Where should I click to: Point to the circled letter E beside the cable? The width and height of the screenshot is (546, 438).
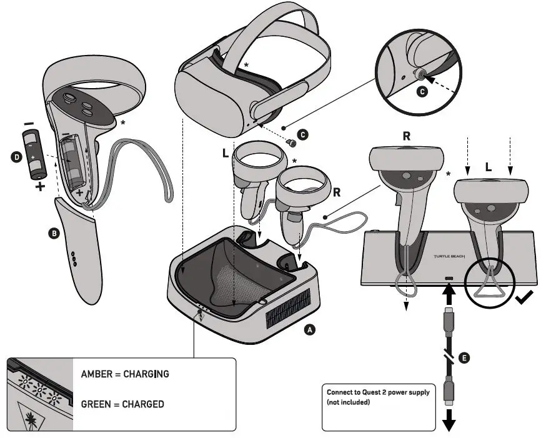[463, 357]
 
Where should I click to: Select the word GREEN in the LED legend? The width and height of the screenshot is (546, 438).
[97, 404]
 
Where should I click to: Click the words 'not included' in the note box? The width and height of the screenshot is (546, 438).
[350, 402]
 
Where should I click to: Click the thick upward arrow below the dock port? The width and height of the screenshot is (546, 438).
[448, 292]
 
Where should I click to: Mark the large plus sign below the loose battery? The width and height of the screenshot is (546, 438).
[39, 186]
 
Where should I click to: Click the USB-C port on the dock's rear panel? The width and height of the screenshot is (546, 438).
[448, 278]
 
